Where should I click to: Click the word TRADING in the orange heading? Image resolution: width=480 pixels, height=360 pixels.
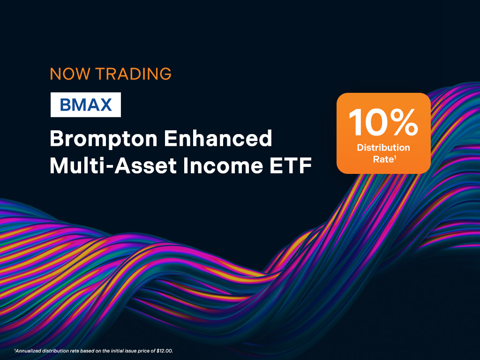click(133, 74)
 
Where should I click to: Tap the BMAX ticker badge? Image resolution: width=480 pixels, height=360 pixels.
click(86, 105)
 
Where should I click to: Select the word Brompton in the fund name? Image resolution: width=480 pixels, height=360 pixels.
click(104, 139)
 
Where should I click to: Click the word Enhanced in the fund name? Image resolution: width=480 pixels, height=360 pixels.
click(218, 138)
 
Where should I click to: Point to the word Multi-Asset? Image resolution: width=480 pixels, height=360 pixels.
click(113, 165)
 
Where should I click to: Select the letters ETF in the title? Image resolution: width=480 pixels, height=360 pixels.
click(291, 165)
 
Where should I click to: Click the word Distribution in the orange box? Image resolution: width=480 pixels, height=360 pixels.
click(383, 148)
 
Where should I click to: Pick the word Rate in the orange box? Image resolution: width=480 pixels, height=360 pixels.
click(382, 159)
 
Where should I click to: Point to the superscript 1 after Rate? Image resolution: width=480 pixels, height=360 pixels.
click(395, 157)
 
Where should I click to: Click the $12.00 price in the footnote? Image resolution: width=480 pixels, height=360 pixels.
click(165, 351)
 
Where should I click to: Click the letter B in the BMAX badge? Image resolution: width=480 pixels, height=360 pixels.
click(66, 105)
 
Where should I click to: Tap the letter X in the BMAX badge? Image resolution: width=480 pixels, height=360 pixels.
click(105, 105)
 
